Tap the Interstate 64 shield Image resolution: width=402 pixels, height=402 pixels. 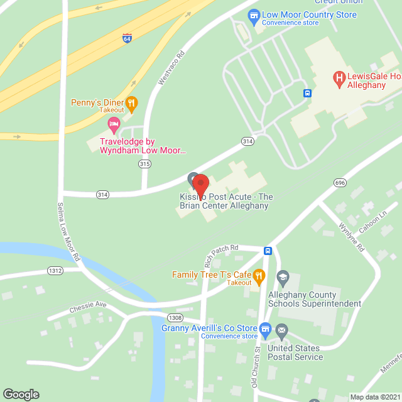(127, 38)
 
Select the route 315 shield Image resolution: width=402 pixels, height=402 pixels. (145, 164)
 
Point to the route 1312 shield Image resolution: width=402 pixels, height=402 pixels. (55, 270)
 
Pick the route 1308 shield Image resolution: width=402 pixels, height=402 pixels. (175, 317)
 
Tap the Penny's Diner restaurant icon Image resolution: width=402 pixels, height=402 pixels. (131, 103)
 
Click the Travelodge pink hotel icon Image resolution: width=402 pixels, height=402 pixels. (114, 124)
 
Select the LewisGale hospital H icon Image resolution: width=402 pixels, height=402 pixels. (339, 79)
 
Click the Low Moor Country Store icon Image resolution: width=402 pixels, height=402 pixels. (254, 14)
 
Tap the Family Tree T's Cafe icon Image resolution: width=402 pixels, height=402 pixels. (258, 275)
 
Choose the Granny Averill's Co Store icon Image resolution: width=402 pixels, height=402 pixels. (266, 329)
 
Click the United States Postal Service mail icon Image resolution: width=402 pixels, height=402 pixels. (281, 330)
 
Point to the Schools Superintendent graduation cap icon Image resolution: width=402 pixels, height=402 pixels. (283, 277)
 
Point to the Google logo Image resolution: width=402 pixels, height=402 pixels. (21, 394)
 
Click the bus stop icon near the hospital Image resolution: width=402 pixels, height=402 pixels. (307, 94)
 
